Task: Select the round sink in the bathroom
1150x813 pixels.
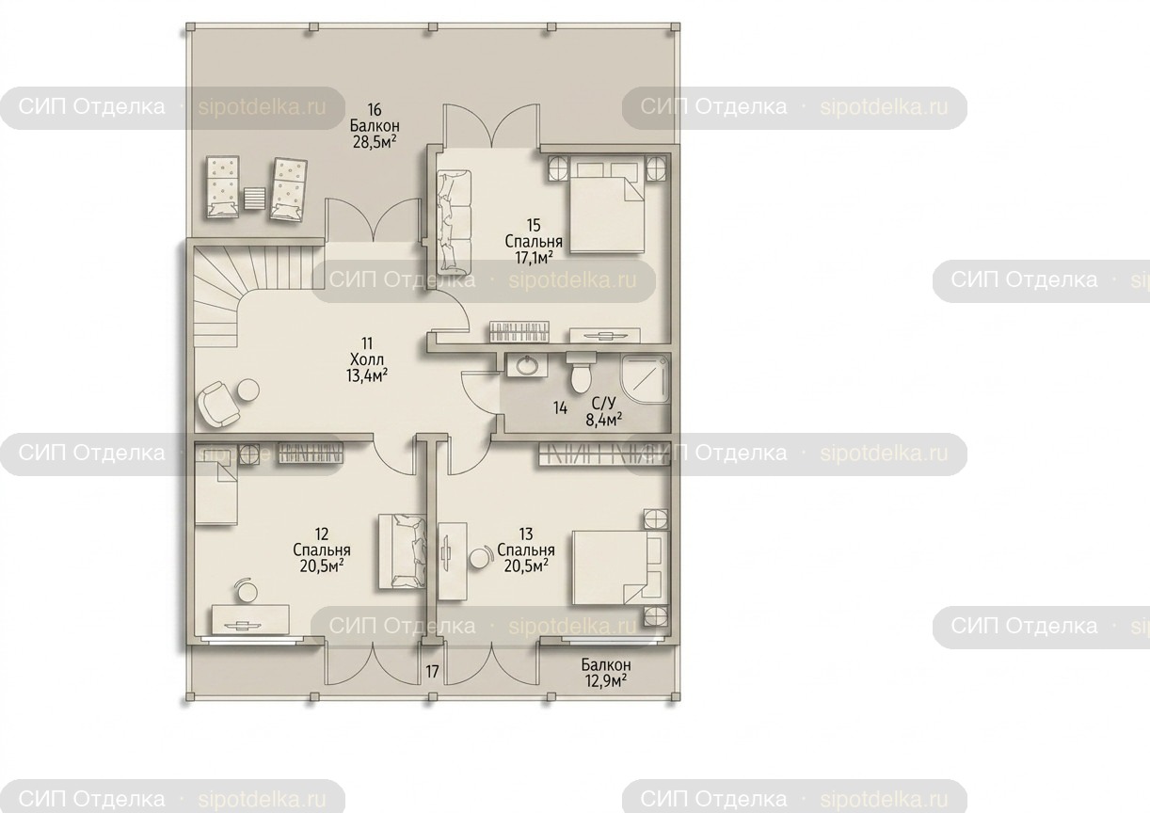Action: (x=526, y=365)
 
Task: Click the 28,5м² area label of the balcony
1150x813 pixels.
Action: (x=375, y=141)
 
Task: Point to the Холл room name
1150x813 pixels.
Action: (x=367, y=359)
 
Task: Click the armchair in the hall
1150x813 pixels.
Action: (x=218, y=404)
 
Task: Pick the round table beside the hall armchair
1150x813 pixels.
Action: (x=248, y=391)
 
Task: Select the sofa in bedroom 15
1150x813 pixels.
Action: (x=454, y=222)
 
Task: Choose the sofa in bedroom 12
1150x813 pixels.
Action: (x=403, y=551)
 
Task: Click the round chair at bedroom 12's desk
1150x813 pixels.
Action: (x=247, y=591)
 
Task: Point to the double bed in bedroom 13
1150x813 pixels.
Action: (x=620, y=567)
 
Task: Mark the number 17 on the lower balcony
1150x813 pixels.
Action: (x=432, y=671)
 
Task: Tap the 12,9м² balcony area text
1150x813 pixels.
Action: (x=606, y=681)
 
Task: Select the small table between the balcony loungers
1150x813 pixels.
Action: (x=255, y=198)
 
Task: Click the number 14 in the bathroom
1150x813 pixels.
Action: (x=561, y=408)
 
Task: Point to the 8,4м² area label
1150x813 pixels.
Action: (x=604, y=420)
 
